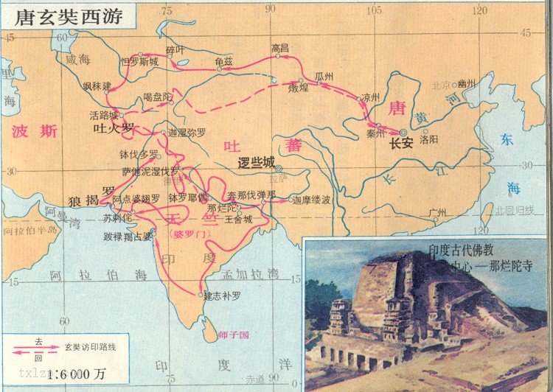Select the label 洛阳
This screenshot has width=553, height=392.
428,138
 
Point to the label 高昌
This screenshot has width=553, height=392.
280,48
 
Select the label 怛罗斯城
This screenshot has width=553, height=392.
139,63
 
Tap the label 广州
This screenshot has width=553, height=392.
437,214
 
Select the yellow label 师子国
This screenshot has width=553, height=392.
234,335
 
